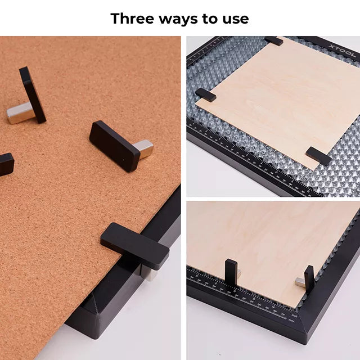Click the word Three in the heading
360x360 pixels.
pos(133,18)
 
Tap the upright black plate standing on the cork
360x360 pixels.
pos(33,94)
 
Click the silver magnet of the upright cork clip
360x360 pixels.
pos(20,112)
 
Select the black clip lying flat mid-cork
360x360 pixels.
pos(115,145)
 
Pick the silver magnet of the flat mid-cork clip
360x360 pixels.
pos(143,148)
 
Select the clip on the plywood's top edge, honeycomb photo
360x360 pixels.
pos(274,41)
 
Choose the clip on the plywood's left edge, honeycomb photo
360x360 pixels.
pos(205,94)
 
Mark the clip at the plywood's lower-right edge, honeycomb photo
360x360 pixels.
pos(318,156)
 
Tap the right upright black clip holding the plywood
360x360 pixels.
pos(309,280)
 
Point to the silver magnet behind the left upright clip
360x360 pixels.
pos(238,274)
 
